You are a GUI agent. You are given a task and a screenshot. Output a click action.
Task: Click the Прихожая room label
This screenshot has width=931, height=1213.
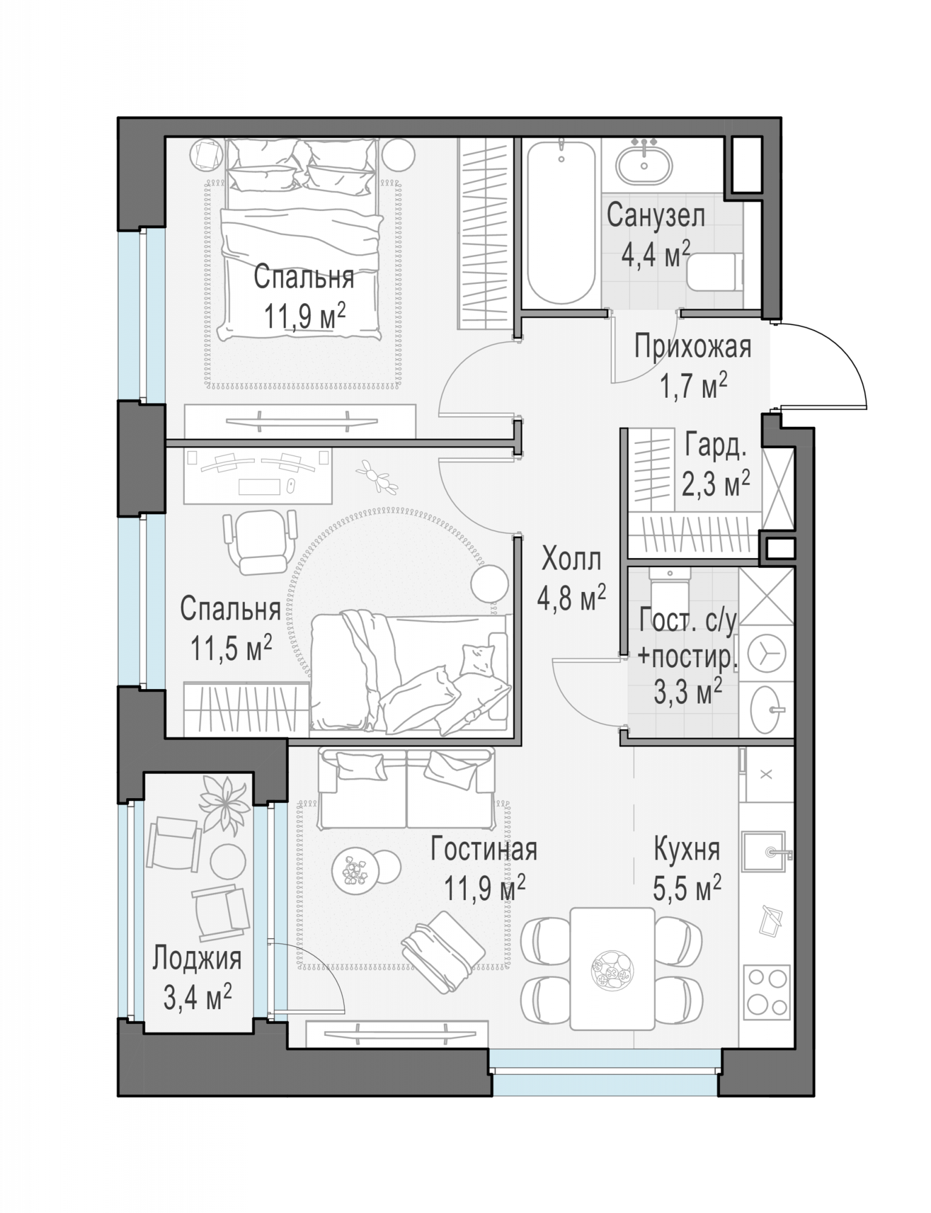click(x=693, y=348)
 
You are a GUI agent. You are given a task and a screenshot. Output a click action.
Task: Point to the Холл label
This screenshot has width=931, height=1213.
click(x=571, y=559)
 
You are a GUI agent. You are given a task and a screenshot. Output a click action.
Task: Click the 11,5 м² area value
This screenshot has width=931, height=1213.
click(x=231, y=648)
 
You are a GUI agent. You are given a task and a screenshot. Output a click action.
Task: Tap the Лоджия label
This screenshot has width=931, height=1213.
click(x=197, y=958)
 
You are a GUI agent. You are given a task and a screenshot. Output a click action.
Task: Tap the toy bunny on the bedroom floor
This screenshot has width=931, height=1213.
click(x=377, y=475)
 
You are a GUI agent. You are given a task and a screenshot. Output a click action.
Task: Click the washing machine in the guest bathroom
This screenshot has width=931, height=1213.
click(x=767, y=654)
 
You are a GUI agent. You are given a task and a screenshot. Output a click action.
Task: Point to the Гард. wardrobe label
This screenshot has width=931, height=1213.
click(x=715, y=446)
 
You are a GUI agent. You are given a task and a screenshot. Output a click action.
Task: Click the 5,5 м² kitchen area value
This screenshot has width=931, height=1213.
click(x=687, y=890)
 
